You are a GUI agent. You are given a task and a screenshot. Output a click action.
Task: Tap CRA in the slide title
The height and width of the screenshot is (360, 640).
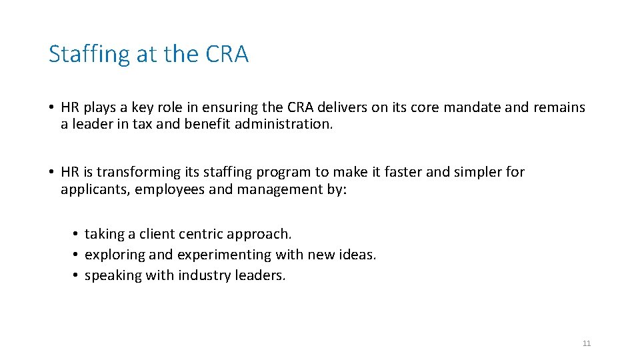[227, 54]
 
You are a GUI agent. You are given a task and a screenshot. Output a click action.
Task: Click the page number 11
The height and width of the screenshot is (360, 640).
[586, 343]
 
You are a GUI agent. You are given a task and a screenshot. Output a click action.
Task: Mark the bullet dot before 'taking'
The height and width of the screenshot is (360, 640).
[77, 234]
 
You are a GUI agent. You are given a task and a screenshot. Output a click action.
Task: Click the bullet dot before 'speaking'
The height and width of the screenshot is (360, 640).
[77, 275]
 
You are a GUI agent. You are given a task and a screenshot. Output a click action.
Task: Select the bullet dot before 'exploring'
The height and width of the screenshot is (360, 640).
[77, 255]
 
